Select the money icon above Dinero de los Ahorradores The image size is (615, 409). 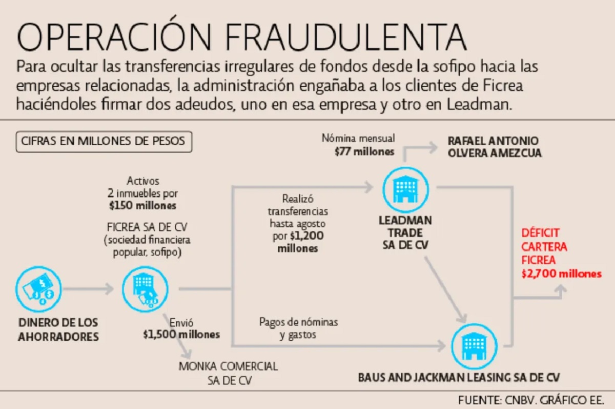point(39,289)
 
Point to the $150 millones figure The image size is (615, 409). point(142,205)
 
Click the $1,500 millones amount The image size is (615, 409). point(181,335)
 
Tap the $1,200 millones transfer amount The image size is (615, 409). point(298,242)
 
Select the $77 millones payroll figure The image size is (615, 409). point(364,151)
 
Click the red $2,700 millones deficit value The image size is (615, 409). point(561,274)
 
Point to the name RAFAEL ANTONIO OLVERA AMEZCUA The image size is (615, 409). point(495,147)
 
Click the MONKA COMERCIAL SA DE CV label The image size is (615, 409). point(228,373)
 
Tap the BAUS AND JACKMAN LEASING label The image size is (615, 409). point(459,378)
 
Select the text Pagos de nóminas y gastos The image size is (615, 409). point(298,328)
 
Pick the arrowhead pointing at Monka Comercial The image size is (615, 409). point(188,355)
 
